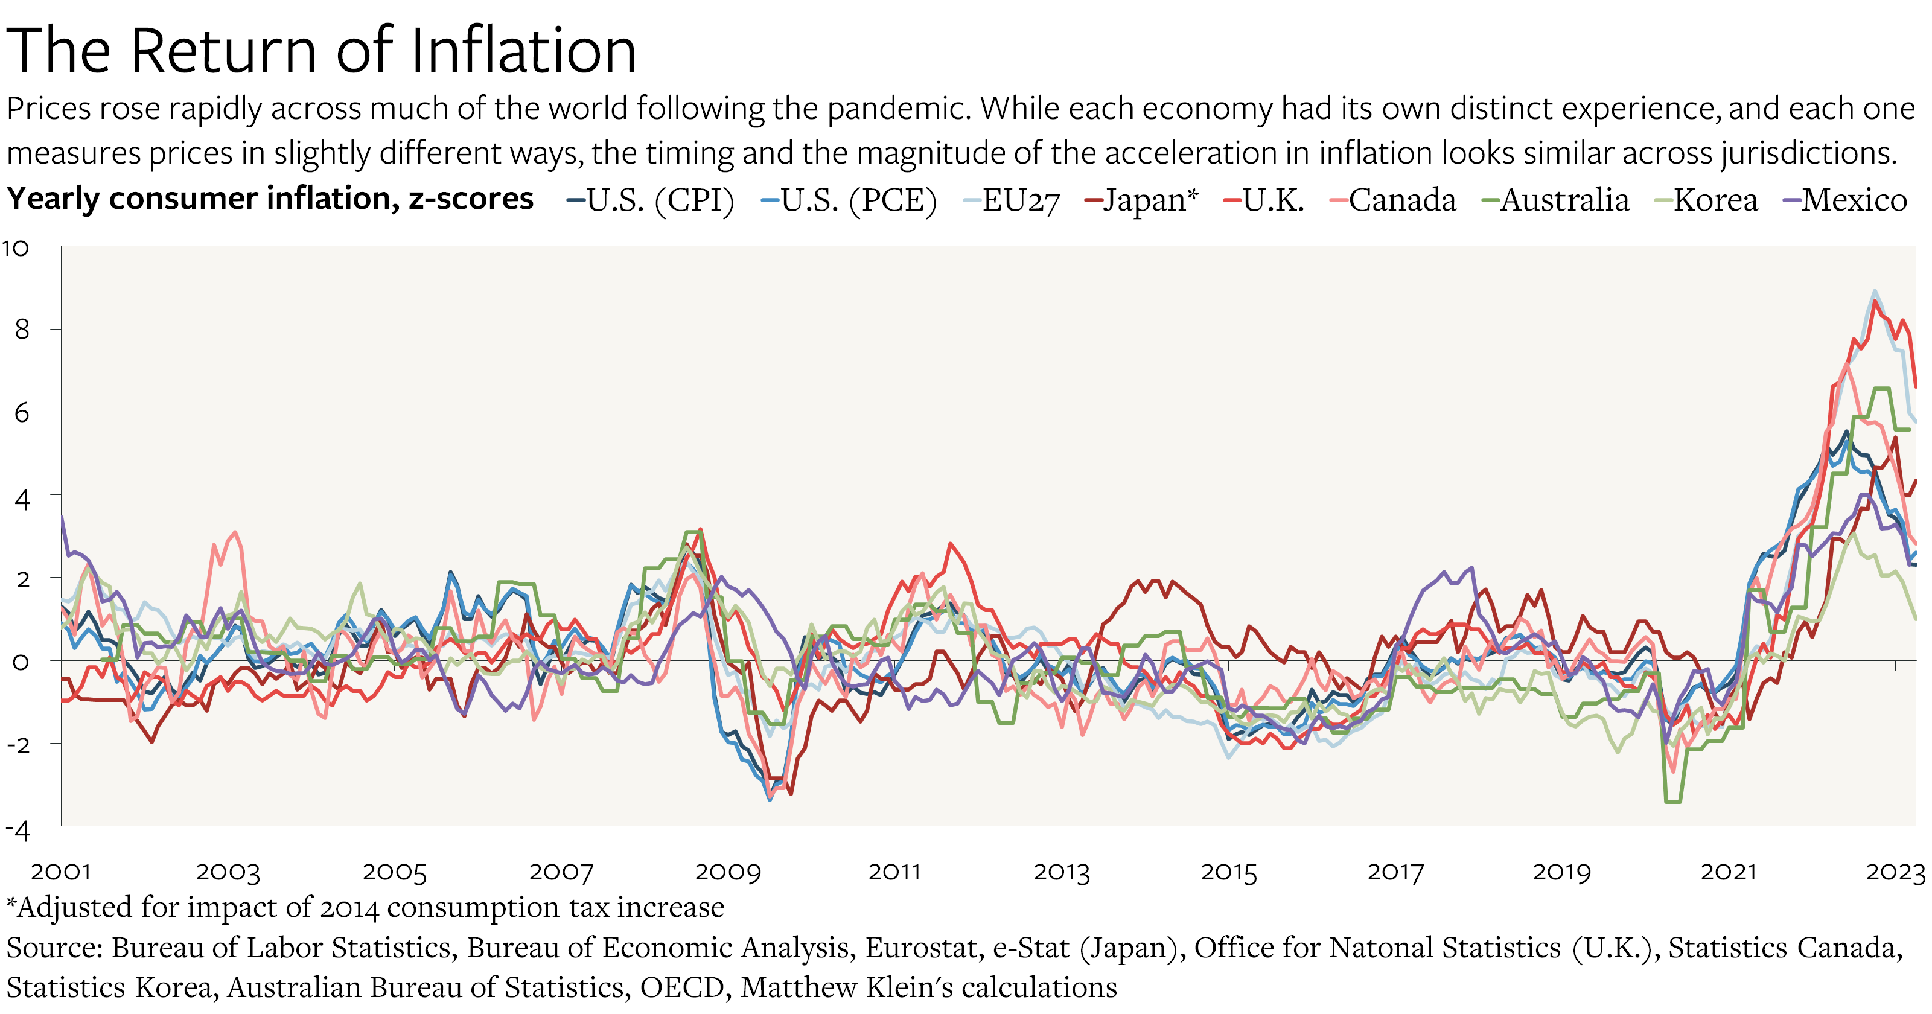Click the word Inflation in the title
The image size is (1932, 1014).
pos(523,51)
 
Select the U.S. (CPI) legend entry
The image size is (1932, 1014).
pos(650,200)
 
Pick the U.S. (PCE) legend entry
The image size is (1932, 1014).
pos(849,200)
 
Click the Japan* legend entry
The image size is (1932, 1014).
pos(1141,200)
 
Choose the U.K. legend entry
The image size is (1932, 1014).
pos(1264,200)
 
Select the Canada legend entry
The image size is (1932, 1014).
pos(1393,200)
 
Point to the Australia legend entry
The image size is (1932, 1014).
pos(1556,200)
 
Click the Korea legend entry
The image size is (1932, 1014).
pos(1706,200)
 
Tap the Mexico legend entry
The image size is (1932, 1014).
pos(1845,200)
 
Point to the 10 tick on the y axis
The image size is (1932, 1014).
pos(16,248)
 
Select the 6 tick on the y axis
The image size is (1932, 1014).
pos(22,412)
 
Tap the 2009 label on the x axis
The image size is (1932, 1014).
pos(727,872)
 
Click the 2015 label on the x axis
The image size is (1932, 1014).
pos(1228,872)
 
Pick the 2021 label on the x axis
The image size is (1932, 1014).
pos(1729,872)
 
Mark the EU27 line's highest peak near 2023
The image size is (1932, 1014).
pos(1875,291)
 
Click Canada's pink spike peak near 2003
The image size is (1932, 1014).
pos(235,532)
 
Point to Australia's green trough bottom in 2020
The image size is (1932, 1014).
pos(1672,802)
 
